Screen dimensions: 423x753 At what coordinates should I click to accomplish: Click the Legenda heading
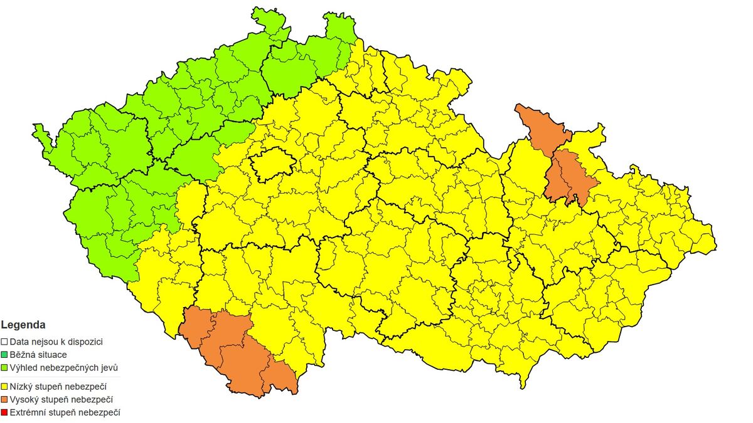coord(23,325)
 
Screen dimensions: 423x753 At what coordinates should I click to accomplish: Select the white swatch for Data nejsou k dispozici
coord(4,342)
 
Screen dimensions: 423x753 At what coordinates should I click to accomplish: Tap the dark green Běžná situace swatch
coord(4,355)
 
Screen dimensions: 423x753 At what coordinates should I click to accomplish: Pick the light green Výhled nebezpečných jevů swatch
coord(4,367)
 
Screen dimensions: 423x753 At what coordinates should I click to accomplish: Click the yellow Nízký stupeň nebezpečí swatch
coord(4,387)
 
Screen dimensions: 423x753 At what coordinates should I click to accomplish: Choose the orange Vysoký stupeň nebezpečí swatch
coord(4,399)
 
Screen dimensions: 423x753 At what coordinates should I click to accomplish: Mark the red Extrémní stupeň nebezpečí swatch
coord(4,412)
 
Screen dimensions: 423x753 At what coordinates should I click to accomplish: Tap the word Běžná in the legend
coord(23,355)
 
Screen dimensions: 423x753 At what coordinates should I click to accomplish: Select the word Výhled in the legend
coord(23,367)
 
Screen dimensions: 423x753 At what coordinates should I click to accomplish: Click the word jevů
coord(108,367)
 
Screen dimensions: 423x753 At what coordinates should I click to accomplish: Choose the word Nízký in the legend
coord(21,387)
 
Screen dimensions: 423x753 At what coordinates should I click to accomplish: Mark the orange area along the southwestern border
coord(235,351)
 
